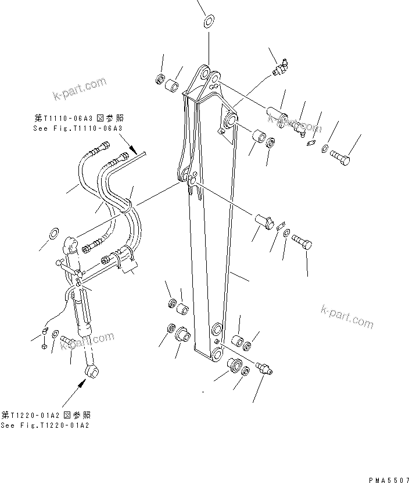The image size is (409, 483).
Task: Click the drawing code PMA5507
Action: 388,479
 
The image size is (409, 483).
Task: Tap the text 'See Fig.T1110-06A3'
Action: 78,127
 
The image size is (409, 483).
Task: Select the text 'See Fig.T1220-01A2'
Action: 45,425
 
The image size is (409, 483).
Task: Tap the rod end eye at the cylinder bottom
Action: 92,370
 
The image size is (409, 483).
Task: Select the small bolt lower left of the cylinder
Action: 66,342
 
